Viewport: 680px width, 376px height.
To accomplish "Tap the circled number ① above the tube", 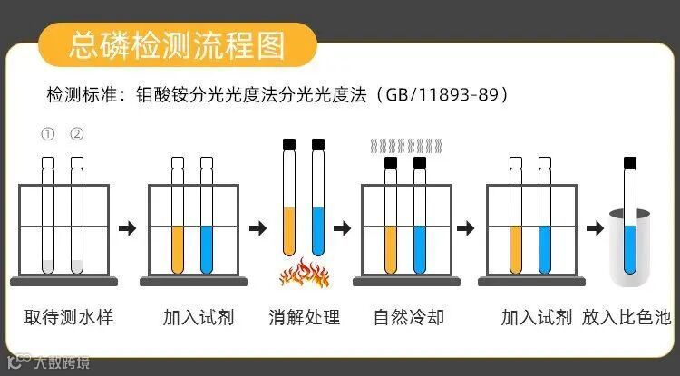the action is pyautogui.click(x=48, y=135).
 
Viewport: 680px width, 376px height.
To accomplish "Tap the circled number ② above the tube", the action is pyautogui.click(x=77, y=135).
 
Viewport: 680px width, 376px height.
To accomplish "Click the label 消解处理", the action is pyautogui.click(x=304, y=317).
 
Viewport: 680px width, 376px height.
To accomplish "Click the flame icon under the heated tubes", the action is pyautogui.click(x=304, y=272).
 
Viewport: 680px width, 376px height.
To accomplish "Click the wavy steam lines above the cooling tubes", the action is pyautogui.click(x=404, y=145).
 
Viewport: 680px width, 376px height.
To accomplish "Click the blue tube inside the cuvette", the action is pyautogui.click(x=628, y=245).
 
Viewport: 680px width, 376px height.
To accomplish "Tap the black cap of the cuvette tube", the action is pyautogui.click(x=628, y=163).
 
